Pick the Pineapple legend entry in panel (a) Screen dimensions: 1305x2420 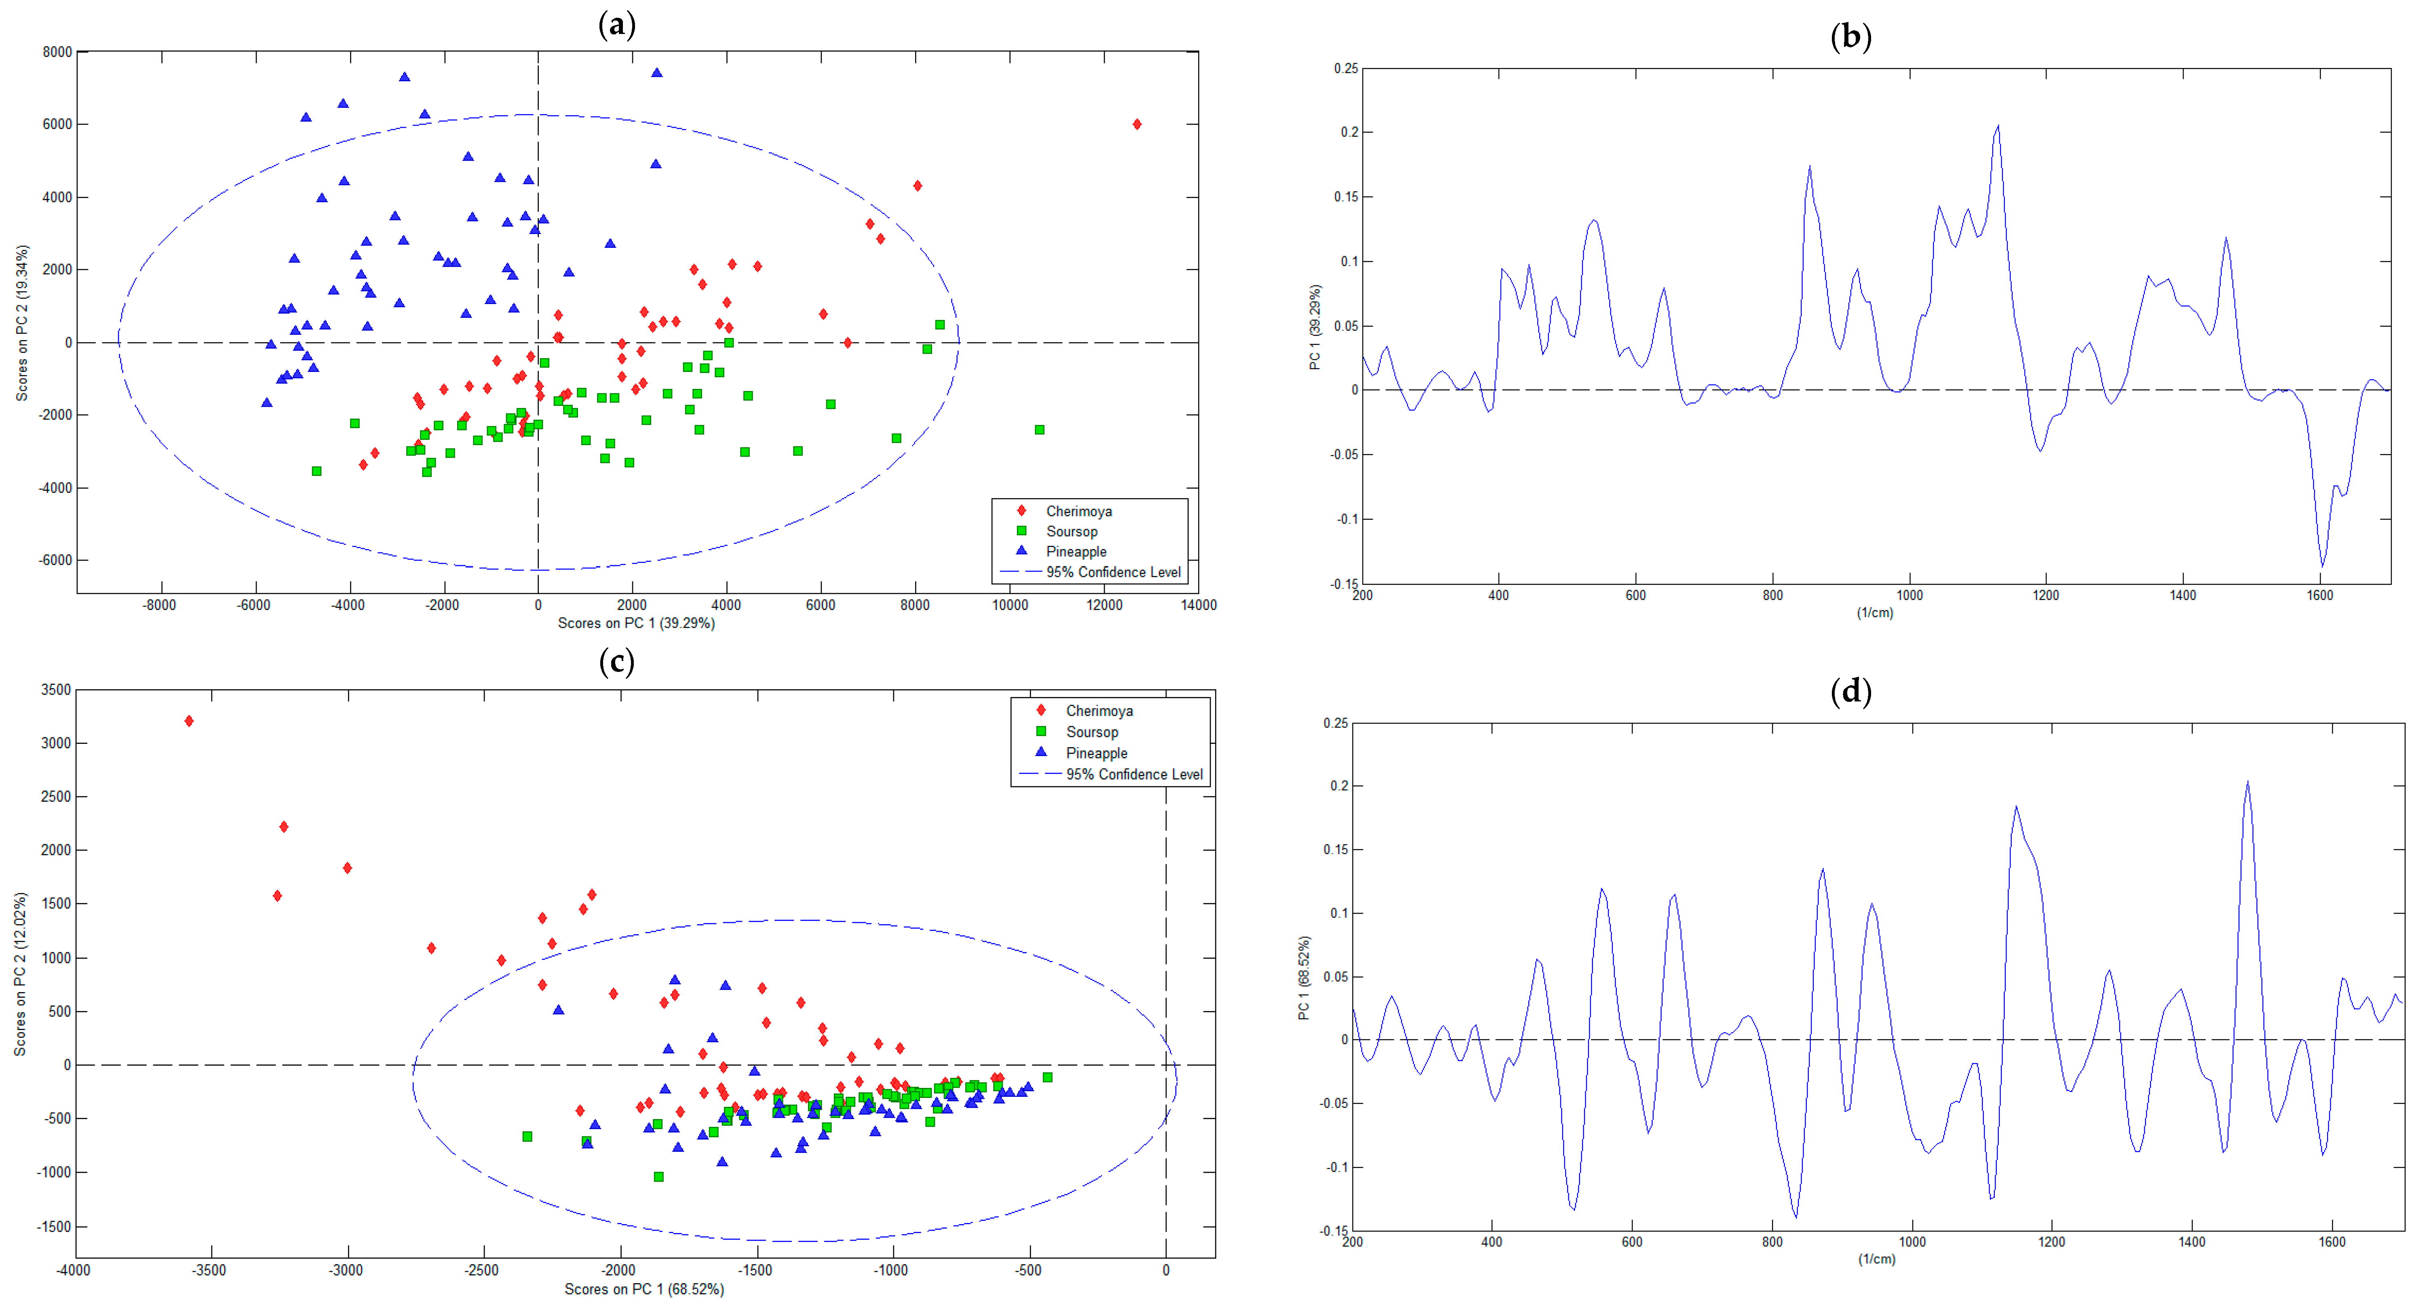pos(1076,551)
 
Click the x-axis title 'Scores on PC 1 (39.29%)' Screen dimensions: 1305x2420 pos(636,623)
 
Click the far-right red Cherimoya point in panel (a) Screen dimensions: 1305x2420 pos(1137,124)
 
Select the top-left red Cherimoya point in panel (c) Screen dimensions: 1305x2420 pos(189,720)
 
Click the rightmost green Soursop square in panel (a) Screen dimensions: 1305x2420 pos(1039,429)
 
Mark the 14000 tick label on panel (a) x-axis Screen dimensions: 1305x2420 pos(1198,605)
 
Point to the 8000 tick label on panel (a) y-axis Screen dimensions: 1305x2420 pos(56,52)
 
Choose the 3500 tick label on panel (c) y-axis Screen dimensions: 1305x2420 pos(55,690)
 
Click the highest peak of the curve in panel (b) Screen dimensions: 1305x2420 pos(1997,126)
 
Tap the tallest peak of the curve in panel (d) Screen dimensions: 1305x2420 pos(2247,782)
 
